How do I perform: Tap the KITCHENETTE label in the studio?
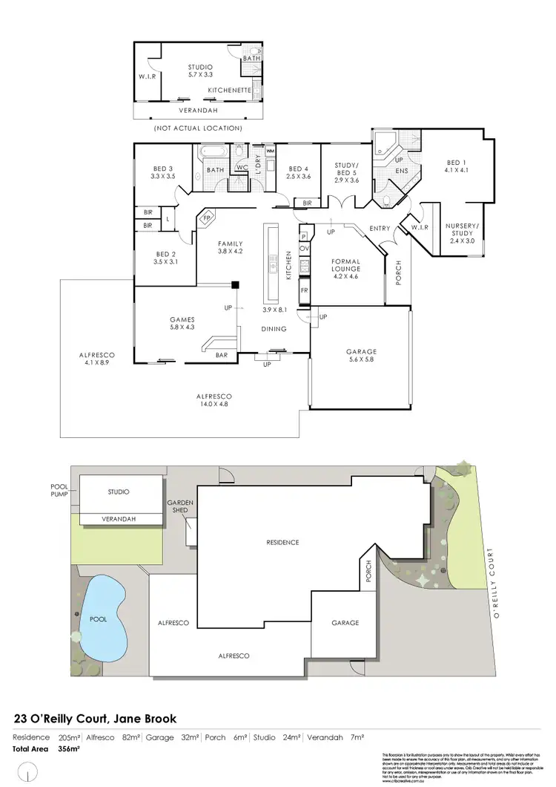coord(230,90)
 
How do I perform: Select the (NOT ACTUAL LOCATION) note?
coord(198,128)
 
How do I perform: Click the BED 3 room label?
coord(162,172)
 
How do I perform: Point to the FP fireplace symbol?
coord(208,219)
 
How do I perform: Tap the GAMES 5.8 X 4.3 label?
coord(182,323)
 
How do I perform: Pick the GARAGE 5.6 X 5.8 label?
coord(361,356)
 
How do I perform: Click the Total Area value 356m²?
coord(69,749)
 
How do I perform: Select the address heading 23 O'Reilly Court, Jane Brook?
coord(96,719)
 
